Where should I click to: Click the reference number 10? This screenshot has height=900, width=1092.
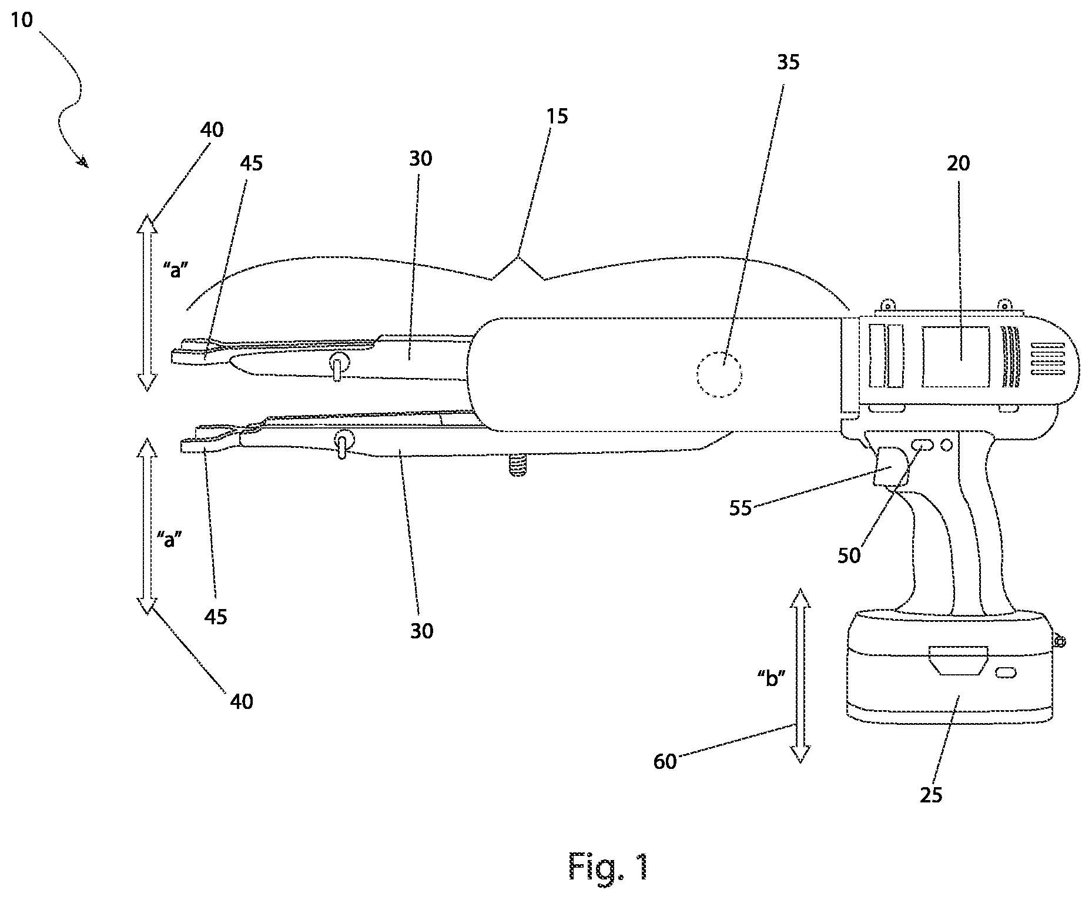pos(22,21)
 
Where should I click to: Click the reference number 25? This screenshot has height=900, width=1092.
pos(932,795)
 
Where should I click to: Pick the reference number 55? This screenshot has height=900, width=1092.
pos(741,508)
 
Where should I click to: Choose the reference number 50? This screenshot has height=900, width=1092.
pos(849,555)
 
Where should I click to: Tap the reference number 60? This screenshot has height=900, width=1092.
pos(665,762)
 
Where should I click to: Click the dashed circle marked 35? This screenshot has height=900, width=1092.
pos(719,374)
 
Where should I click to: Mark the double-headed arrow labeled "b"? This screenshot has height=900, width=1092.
pos(799,675)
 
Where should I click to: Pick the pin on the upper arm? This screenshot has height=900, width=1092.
pos(337,367)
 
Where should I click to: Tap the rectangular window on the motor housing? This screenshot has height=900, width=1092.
pos(956,357)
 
